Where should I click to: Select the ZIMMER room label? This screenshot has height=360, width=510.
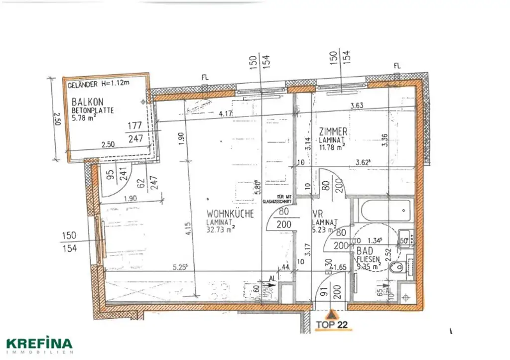(x=333, y=132)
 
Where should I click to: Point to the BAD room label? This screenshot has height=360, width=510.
(x=364, y=252)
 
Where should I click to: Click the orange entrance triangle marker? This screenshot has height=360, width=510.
(x=331, y=315)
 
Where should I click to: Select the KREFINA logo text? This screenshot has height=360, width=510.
(x=39, y=344)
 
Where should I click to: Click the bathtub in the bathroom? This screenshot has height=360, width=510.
(x=385, y=212)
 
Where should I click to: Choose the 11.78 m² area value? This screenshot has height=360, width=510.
(x=332, y=147)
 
